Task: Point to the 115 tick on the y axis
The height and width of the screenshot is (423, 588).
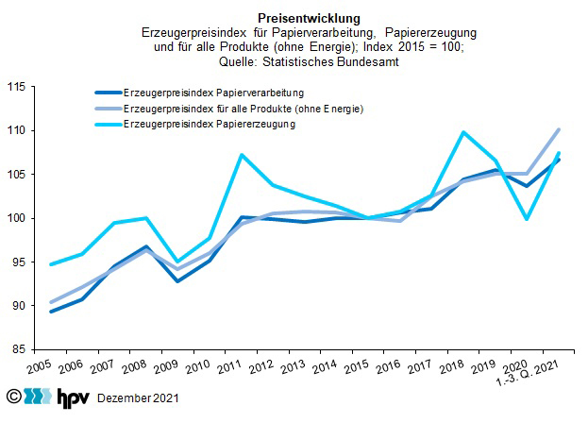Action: coord(16,87)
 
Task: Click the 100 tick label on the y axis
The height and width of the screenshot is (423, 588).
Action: coord(16,218)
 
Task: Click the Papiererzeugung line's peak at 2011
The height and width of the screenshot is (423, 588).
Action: coord(243,155)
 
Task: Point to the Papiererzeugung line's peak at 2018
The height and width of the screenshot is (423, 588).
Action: coord(462,132)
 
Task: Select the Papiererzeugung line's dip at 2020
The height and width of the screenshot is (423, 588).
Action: coord(527,219)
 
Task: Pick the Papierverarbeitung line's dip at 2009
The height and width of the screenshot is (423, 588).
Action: coord(177,281)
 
